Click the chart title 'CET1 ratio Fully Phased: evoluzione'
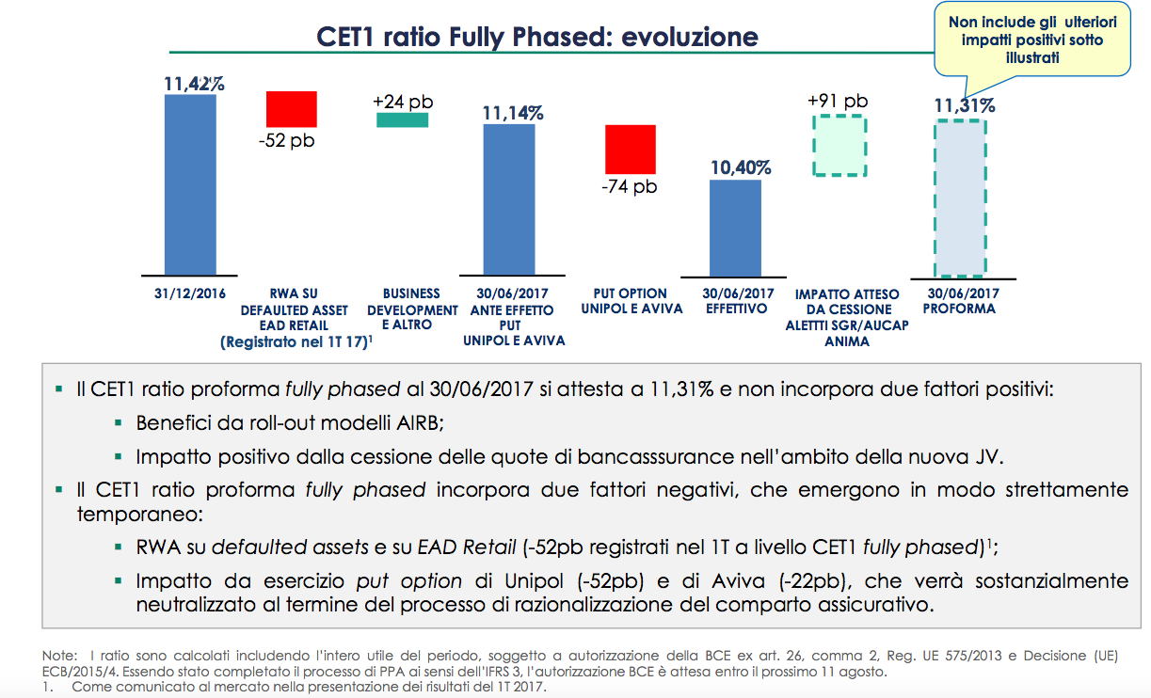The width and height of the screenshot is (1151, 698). pos(537,38)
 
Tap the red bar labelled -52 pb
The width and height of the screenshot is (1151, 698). pos(291,108)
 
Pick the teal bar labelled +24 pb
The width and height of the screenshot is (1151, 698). pos(402,119)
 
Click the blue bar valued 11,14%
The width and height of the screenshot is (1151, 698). pos(509,198)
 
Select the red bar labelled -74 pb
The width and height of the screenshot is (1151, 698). pos(630,149)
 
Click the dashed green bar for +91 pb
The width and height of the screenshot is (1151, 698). pos(838,145)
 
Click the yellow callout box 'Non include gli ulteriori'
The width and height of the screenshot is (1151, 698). pos(1031,40)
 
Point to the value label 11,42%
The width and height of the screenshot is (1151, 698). pos(193,84)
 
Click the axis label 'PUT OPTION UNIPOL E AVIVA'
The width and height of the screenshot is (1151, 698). pos(631,301)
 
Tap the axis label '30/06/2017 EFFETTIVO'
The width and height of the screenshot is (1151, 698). pos(737,301)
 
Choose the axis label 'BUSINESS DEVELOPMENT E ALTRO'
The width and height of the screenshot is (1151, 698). pos(411,309)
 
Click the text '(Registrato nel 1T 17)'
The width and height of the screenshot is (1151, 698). pos(292,342)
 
